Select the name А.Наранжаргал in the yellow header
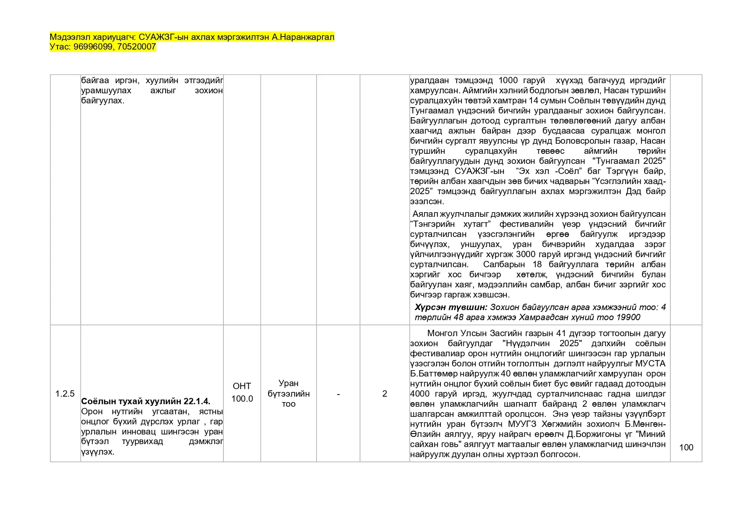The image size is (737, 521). tap(303, 37)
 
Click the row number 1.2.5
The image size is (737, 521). tap(65, 394)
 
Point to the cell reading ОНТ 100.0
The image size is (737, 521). tap(242, 392)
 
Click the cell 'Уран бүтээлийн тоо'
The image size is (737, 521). tap(289, 394)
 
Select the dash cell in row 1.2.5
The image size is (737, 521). tap(338, 394)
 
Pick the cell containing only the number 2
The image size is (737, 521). tap(384, 394)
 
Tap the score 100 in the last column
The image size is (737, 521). tap(686, 447)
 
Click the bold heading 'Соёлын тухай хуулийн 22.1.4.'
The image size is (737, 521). tap(146, 401)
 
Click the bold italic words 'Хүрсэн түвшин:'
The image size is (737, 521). tap(451, 307)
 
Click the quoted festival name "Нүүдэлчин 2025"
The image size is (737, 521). tap(542, 343)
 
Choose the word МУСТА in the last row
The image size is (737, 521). tap(650, 363)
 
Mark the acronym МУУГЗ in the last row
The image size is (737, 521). tap(523, 424)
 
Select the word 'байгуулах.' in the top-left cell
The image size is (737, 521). tap(103, 100)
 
